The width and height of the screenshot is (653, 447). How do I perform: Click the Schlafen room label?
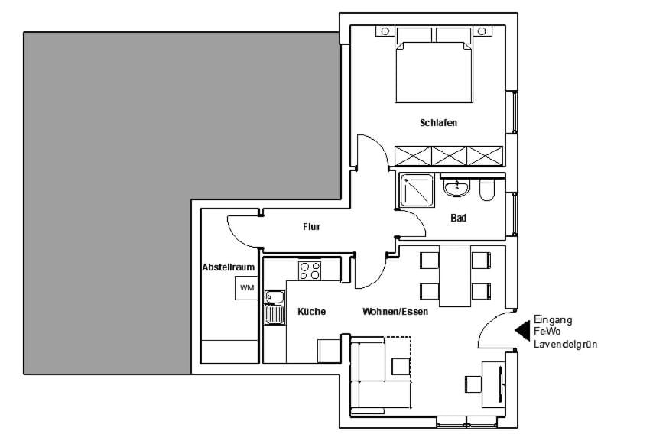(438, 122)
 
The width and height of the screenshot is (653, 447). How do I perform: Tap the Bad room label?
(459, 218)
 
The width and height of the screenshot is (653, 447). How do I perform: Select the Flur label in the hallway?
(311, 227)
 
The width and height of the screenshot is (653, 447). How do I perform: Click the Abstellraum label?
(228, 267)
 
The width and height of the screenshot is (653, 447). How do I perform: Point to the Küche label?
(311, 312)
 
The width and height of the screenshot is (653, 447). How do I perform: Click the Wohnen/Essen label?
(395, 312)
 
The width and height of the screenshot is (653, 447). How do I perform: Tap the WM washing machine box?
(246, 288)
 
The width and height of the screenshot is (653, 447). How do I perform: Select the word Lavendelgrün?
(565, 345)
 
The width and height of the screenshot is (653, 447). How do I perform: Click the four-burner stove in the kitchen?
(310, 270)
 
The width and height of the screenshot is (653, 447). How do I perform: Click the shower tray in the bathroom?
(417, 190)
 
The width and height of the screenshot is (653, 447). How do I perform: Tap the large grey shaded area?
(107, 202)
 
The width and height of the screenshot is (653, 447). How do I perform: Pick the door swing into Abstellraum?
(241, 232)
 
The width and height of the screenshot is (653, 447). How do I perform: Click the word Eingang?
(553, 320)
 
